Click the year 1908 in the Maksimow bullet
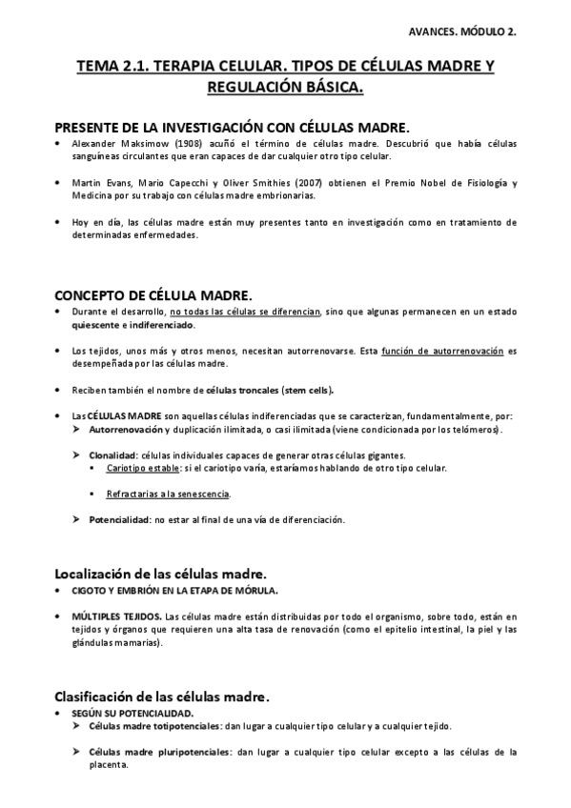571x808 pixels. point(188,144)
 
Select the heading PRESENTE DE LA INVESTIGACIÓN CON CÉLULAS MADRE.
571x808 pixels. point(232,127)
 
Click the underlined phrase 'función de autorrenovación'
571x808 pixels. point(441,351)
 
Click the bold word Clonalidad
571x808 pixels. point(112,455)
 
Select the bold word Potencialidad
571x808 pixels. point(118,519)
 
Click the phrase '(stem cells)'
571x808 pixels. point(308,391)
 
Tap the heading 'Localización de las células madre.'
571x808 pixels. point(160,573)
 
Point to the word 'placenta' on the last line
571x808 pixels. point(108,763)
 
